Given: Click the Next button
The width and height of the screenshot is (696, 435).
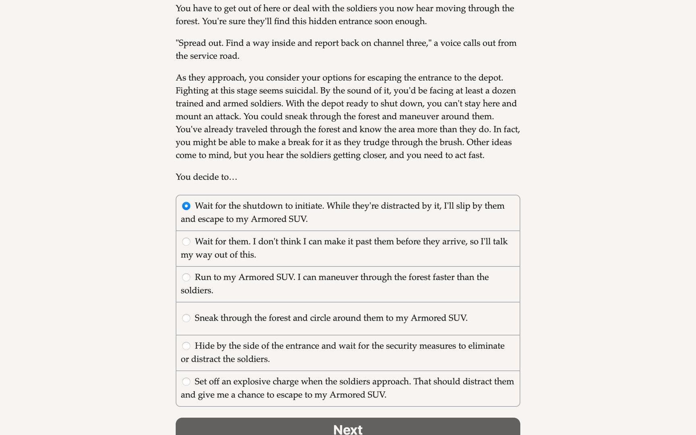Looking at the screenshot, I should tap(348, 428).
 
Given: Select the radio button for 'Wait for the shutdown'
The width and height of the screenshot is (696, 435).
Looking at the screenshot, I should tap(186, 206).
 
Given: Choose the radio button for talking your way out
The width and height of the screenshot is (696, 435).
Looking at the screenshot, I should tap(186, 242).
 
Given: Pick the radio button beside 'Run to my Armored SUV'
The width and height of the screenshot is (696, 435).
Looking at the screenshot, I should tap(186, 278).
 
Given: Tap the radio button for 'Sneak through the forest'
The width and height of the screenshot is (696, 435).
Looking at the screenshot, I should tap(186, 318).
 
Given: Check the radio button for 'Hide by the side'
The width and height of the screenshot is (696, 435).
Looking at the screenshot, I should tap(186, 346).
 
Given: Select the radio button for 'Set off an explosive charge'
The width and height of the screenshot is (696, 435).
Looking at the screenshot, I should tap(186, 382).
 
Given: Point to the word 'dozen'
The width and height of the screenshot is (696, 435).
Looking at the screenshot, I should tap(503, 91).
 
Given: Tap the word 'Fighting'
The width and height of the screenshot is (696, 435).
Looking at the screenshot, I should tap(191, 91).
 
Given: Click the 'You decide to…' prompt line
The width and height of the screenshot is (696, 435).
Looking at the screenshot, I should tap(206, 177).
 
